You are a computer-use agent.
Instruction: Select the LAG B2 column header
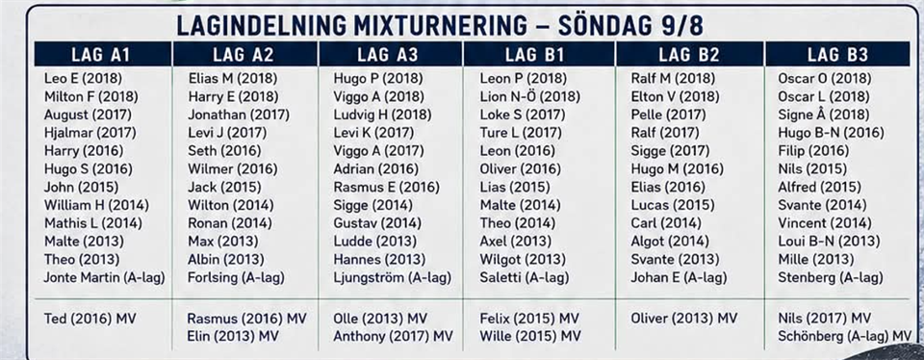tap(689, 55)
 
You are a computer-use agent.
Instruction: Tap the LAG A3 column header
tap(388, 55)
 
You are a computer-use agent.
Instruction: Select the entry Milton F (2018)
tap(90, 96)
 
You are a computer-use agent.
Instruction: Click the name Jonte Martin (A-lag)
tap(104, 277)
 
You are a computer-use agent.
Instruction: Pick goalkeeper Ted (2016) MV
tap(90, 319)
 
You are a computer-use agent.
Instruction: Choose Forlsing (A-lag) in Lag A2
tap(237, 277)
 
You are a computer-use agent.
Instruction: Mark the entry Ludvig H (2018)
tap(382, 115)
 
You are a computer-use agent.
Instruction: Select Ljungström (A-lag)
tap(392, 277)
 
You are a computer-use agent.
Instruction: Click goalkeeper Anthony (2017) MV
tap(393, 337)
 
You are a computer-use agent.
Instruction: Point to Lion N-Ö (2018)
tap(529, 96)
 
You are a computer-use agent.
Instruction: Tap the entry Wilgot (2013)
tap(523, 259)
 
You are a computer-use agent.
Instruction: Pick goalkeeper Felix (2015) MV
tap(529, 319)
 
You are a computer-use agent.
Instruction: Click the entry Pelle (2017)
tap(668, 115)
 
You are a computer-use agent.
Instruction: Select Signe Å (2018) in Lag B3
tap(824, 115)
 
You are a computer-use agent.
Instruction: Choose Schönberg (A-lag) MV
tap(844, 337)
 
